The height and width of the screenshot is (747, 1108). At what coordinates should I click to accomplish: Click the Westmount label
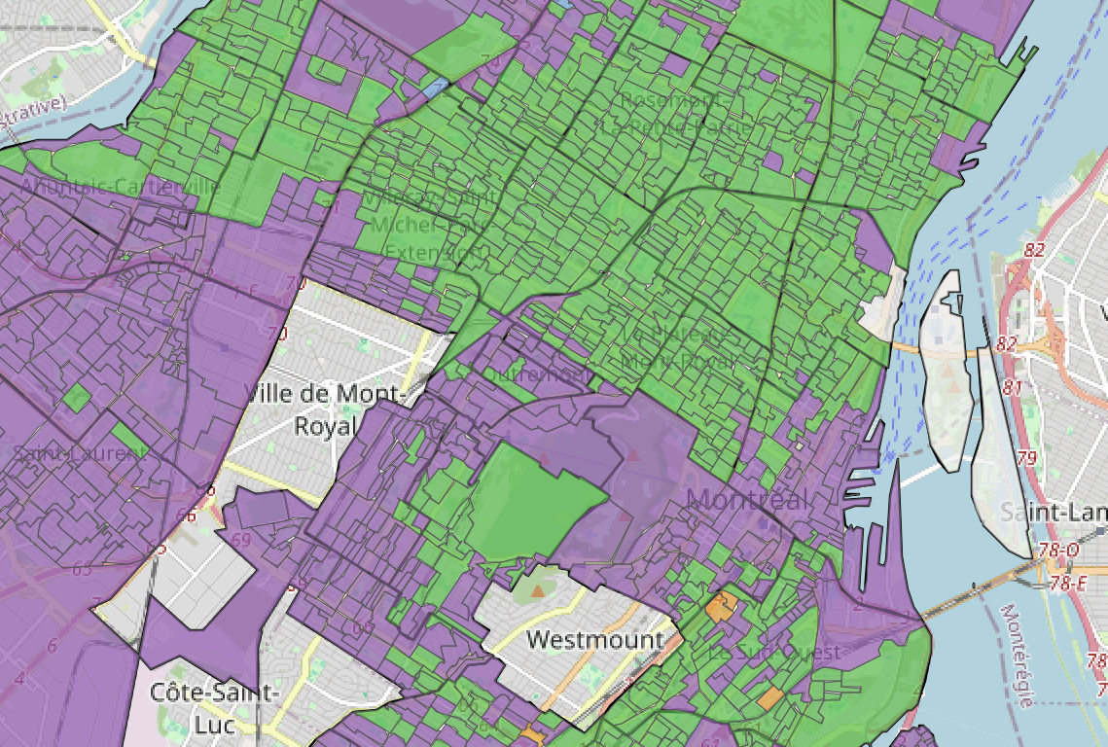point(594,640)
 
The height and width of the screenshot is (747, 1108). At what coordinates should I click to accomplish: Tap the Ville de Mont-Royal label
point(324,409)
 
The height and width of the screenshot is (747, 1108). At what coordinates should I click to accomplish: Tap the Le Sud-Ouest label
point(788,652)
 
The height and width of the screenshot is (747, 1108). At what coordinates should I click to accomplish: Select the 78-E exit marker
point(1067,583)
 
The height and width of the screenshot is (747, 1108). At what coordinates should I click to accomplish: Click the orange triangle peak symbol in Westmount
point(538,589)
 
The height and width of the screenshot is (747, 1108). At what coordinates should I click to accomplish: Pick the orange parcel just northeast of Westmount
point(721,607)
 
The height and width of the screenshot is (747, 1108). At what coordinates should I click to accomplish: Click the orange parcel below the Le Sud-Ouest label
point(769,697)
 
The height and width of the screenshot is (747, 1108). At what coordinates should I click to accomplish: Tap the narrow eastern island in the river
point(1001,457)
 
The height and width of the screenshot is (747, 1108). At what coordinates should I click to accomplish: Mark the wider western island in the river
point(943,370)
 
